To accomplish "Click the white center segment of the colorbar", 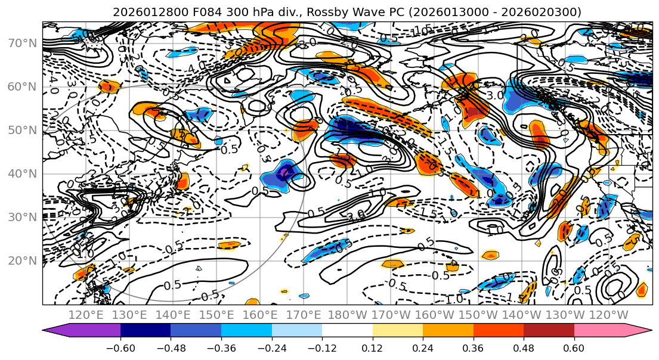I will point(347,330).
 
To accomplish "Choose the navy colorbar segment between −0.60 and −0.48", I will point(145,330).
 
